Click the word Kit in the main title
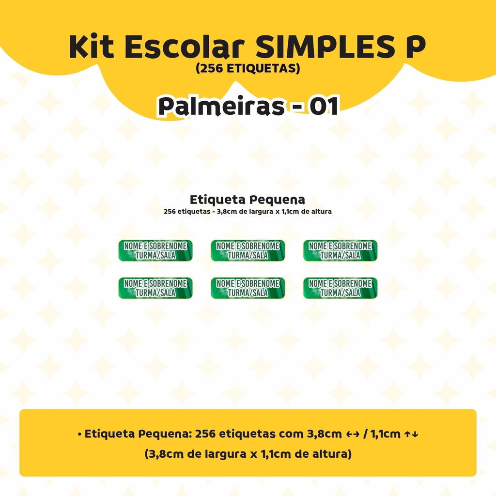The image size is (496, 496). pyautogui.click(x=92, y=46)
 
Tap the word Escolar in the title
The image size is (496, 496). pyautogui.click(x=185, y=46)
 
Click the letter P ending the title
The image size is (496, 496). pyautogui.click(x=411, y=46)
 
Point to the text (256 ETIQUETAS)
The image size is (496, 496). pyautogui.click(x=248, y=68)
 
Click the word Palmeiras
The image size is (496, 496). pyautogui.click(x=221, y=106)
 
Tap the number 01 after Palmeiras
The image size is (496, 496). pyautogui.click(x=324, y=106)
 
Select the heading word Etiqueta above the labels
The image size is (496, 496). pyautogui.click(x=217, y=200)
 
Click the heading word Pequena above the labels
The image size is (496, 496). pyautogui.click(x=277, y=200)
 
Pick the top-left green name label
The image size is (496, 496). pyautogui.click(x=155, y=250)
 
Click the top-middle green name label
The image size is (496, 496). pyautogui.click(x=248, y=250)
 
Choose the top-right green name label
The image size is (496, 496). pyautogui.click(x=341, y=250)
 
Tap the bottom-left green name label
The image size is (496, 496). pyautogui.click(x=155, y=288)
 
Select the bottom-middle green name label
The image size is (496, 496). pyautogui.click(x=248, y=288)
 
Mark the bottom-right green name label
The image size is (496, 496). pyautogui.click(x=341, y=288)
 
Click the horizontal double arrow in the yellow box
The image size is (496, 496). pyautogui.click(x=353, y=434)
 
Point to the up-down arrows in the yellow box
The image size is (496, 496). pyautogui.click(x=411, y=434)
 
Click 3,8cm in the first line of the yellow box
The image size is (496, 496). pyautogui.click(x=324, y=434)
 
